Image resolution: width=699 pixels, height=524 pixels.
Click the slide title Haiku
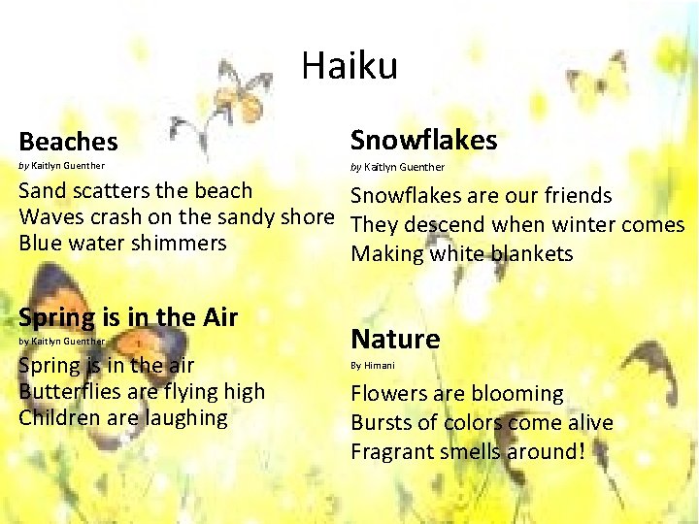point(349,66)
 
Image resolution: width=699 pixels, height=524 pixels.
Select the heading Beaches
point(68,142)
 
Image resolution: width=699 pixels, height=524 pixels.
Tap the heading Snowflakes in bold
point(423,140)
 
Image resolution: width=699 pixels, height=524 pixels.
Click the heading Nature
point(395,339)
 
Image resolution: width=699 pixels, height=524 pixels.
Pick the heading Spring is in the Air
point(129,316)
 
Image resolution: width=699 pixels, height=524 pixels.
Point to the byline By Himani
point(373,366)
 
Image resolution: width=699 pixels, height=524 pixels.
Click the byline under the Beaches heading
point(62,166)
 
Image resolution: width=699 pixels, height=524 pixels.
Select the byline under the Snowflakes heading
point(397,167)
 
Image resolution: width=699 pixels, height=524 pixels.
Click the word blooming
point(517,394)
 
